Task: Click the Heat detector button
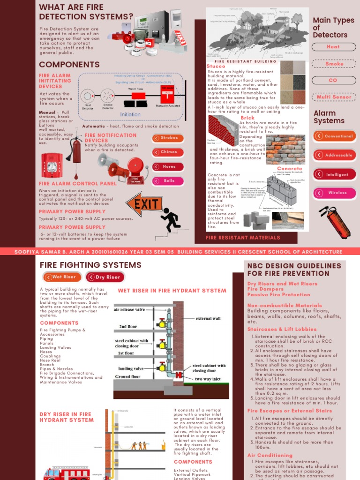pyautogui.click(x=333, y=47)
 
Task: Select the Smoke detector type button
pyautogui.click(x=333, y=64)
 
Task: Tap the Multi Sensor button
pyautogui.click(x=333, y=97)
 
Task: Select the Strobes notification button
pyautogui.click(x=167, y=138)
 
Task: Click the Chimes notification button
pyautogui.click(x=167, y=152)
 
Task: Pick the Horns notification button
pyautogui.click(x=167, y=167)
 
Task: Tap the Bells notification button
pyautogui.click(x=167, y=181)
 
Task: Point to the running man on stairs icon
pyautogui.click(x=171, y=220)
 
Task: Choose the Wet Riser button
pyautogui.click(x=60, y=277)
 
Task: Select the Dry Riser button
pyautogui.click(x=105, y=277)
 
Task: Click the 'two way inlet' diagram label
pyautogui.click(x=210, y=379)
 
